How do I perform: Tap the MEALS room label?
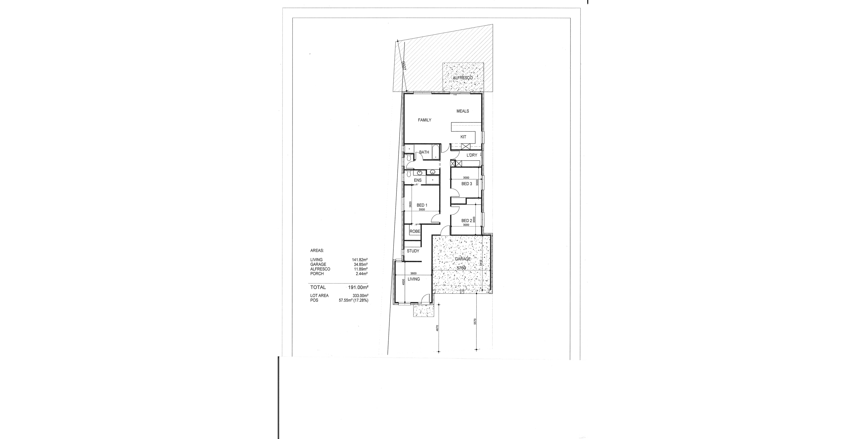[x=462, y=111]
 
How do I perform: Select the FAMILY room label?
[x=425, y=120]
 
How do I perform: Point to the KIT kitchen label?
[x=463, y=137]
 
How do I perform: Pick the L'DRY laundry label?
[x=472, y=155]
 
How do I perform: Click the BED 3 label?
[x=467, y=183]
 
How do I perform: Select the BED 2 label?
[x=467, y=221]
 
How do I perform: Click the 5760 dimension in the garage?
[x=461, y=268]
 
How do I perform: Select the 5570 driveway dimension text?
[x=475, y=322]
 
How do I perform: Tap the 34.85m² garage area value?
[x=361, y=264]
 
